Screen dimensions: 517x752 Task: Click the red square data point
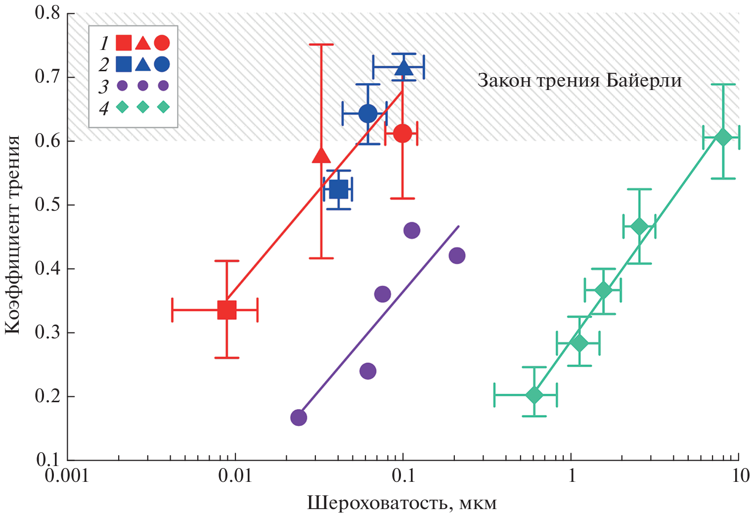(227, 310)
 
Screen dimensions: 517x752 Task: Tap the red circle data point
(402, 133)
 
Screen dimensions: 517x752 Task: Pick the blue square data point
(339, 189)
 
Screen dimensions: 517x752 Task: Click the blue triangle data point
(404, 68)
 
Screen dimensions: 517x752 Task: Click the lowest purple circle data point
(298, 417)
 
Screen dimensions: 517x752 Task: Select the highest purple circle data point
(411, 230)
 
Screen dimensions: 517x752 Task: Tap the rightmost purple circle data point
(457, 255)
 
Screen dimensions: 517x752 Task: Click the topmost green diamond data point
(723, 138)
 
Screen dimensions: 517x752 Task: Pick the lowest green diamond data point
(534, 395)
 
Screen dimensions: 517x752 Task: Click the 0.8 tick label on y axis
(47, 13)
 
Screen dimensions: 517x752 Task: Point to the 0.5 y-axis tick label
(47, 205)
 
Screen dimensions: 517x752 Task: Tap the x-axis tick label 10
(739, 476)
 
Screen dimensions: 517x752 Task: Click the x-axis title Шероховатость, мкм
(401, 503)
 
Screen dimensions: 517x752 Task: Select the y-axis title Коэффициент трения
(13, 235)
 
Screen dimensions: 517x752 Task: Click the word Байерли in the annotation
(644, 80)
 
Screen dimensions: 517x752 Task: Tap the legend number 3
(103, 87)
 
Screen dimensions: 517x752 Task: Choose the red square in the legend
(123, 43)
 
